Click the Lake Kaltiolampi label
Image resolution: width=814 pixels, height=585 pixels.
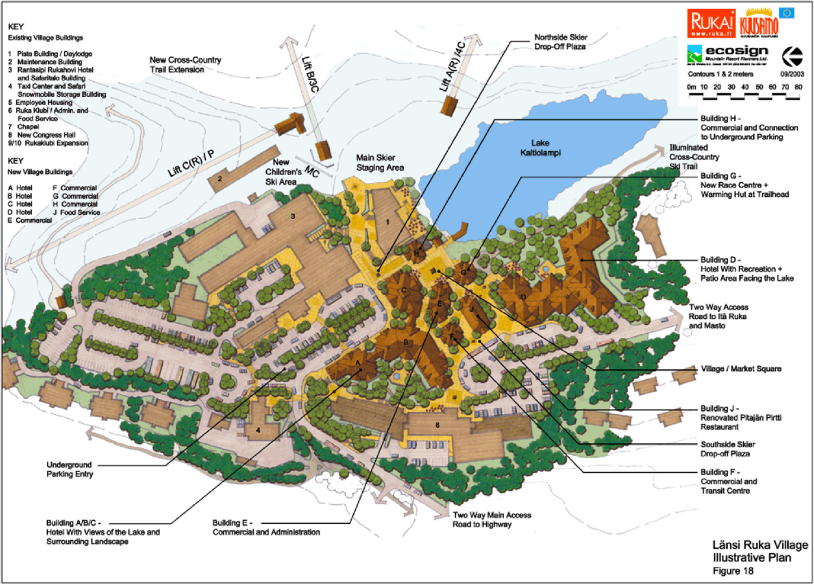[540, 148]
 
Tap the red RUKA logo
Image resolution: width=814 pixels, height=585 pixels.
[711, 24]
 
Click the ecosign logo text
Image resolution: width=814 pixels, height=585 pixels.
[737, 51]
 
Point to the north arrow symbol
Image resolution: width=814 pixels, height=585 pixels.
[793, 56]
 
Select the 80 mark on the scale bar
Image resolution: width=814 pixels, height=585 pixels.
[798, 88]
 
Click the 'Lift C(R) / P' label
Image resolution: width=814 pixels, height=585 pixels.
[191, 163]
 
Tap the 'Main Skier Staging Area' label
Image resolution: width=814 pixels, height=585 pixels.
[380, 163]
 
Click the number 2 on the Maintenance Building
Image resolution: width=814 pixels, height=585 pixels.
[220, 179]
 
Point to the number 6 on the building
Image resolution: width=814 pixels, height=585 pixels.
[438, 425]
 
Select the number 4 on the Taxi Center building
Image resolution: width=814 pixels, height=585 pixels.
[258, 430]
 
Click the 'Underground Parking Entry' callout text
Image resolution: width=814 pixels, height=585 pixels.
[70, 469]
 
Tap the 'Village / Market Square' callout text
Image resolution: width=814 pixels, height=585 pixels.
[741, 369]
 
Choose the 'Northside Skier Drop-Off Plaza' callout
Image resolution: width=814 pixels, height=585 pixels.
[561, 42]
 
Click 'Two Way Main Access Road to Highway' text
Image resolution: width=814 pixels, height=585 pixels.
[492, 519]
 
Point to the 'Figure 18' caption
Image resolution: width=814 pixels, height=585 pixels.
[733, 571]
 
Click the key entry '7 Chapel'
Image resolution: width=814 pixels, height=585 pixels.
[24, 127]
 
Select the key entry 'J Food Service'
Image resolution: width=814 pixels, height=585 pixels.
[76, 212]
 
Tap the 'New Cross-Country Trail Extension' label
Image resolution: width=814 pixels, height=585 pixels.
[185, 65]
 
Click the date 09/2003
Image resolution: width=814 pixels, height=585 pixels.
[792, 74]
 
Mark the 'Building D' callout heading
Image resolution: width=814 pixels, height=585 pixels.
[720, 260]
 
